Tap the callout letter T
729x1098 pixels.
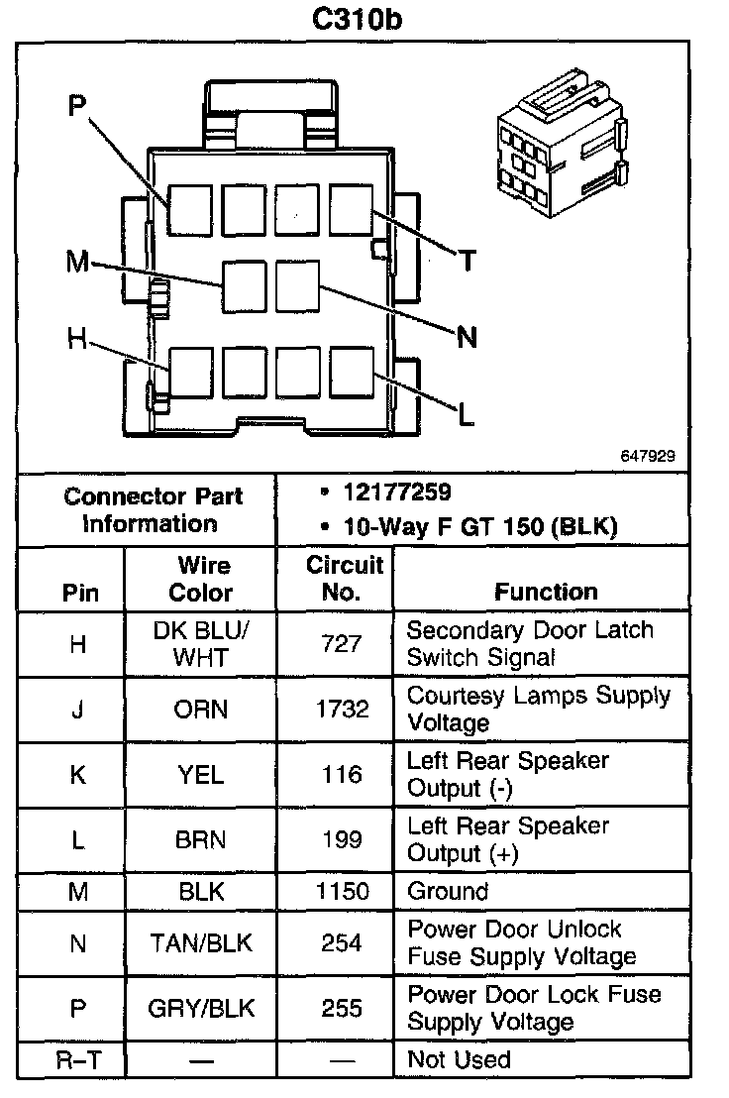point(467,262)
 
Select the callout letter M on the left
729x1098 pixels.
point(77,263)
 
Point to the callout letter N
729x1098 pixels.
point(467,338)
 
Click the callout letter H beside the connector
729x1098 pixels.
point(77,339)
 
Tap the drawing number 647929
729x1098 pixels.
point(649,457)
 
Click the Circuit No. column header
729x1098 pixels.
point(344,579)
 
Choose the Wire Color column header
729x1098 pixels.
point(201,579)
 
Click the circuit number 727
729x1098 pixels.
point(342,644)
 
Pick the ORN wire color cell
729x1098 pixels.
point(201,710)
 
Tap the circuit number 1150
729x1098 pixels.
point(342,891)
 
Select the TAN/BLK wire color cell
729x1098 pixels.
point(201,943)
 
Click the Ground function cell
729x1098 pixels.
point(448,891)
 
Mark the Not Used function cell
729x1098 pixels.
point(459,1060)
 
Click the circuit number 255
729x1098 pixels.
point(342,1009)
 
